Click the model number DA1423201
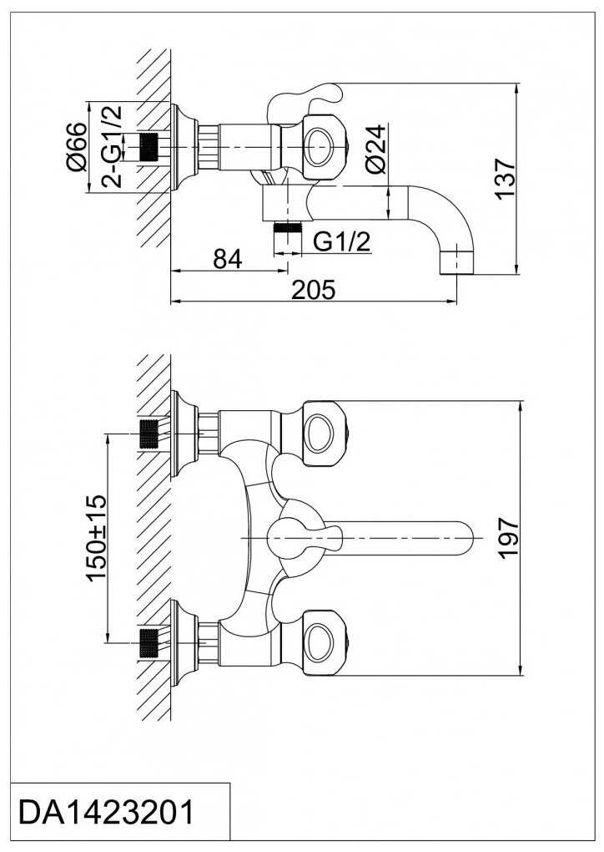[106, 813]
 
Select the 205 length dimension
[314, 290]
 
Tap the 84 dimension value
[228, 259]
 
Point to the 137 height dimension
[506, 179]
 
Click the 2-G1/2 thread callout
[113, 147]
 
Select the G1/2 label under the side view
[342, 241]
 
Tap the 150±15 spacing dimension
[98, 537]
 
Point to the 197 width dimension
[509, 538]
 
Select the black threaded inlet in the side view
[148, 147]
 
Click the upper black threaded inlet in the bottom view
[148, 434]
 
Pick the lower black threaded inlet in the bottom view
[148, 642]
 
